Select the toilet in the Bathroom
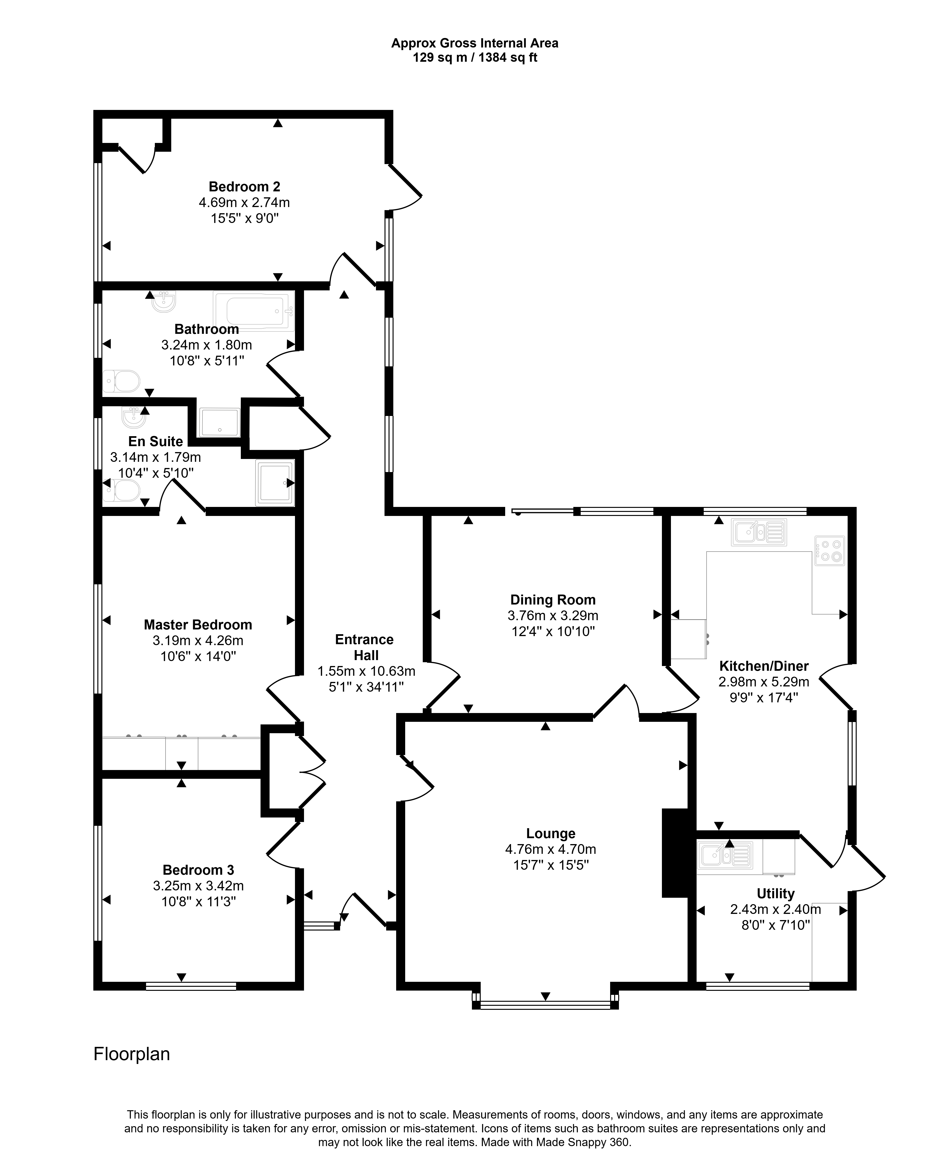pyautogui.click(x=122, y=381)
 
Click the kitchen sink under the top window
pyautogui.click(x=759, y=532)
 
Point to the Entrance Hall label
pyautogui.click(x=365, y=647)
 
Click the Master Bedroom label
pyautogui.click(x=198, y=625)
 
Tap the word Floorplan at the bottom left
pyautogui.click(x=132, y=1054)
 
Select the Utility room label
pyautogui.click(x=775, y=893)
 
